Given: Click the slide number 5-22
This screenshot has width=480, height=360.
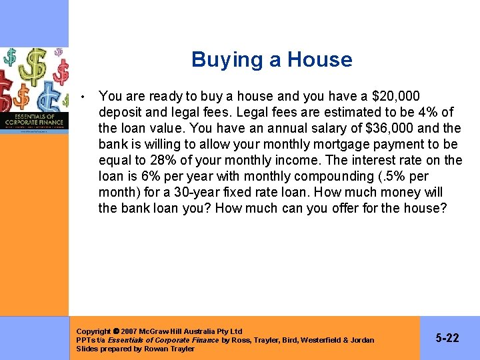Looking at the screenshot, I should [x=447, y=338].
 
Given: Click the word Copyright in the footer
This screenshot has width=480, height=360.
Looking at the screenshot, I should [x=94, y=331].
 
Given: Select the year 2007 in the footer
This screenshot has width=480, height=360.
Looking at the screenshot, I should [x=129, y=331].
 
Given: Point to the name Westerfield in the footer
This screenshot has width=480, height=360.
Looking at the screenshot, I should [x=321, y=340].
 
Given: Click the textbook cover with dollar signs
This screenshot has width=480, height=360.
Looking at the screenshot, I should [x=35, y=90].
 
